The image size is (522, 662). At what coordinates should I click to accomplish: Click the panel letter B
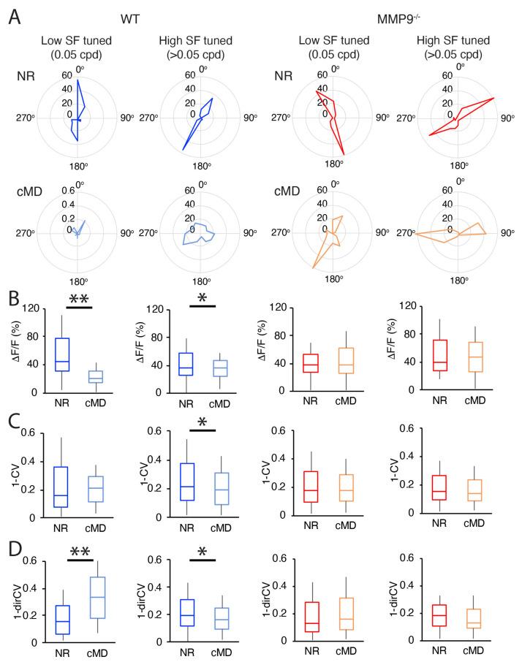pyautogui.click(x=12, y=300)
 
